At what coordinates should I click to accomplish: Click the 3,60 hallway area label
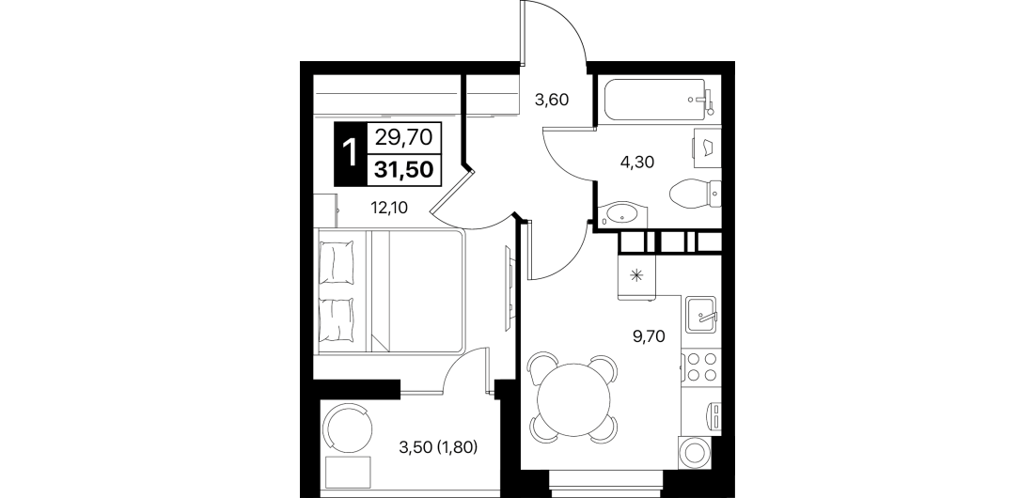551,101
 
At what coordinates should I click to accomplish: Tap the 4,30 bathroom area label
636,163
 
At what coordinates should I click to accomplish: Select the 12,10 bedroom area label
389,209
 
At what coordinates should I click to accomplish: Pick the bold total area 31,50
404,169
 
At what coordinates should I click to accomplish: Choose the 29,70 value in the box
403,137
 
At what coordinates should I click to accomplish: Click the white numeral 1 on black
350,154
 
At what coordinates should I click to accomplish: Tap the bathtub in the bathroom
658,100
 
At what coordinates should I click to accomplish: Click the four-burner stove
701,367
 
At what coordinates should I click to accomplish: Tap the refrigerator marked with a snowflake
637,275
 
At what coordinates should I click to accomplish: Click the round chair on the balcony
347,428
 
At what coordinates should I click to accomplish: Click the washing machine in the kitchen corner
695,453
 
